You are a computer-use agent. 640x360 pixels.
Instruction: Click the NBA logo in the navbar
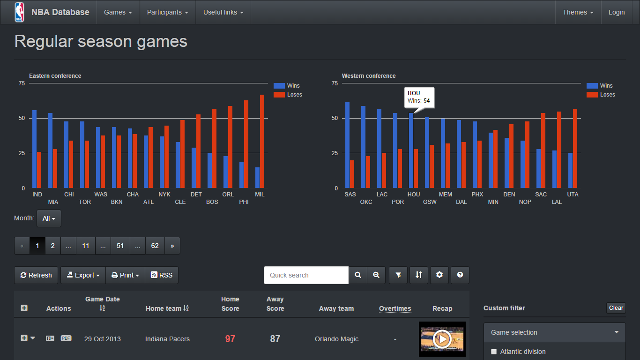pyautogui.click(x=19, y=12)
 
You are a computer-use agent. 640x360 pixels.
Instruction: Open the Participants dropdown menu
pyautogui.click(x=167, y=12)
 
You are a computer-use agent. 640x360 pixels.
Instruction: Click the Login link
pyautogui.click(x=616, y=12)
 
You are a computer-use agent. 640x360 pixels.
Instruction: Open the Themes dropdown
pyautogui.click(x=578, y=12)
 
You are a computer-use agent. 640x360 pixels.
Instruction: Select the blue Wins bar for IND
pyautogui.click(x=34, y=149)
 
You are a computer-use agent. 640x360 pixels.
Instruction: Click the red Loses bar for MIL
pyautogui.click(x=262, y=142)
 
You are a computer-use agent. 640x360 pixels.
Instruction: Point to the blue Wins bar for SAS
pyautogui.click(x=347, y=145)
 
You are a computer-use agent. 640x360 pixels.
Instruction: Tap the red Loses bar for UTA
pyautogui.click(x=575, y=149)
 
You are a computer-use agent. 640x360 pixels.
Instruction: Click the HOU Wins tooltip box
pyautogui.click(x=419, y=97)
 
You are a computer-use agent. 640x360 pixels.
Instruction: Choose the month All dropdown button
pyautogui.click(x=49, y=218)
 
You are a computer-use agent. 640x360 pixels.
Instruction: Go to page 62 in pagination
pyautogui.click(x=155, y=246)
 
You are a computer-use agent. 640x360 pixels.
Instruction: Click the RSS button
pyautogui.click(x=162, y=275)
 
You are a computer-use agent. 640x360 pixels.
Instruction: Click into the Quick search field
pyautogui.click(x=306, y=275)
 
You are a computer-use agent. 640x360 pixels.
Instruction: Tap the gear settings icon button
pyautogui.click(x=439, y=275)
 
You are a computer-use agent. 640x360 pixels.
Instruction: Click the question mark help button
pyautogui.click(x=460, y=275)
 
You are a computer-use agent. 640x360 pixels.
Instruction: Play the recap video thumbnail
pyautogui.click(x=442, y=339)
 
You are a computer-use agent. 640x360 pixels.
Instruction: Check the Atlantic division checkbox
pyautogui.click(x=494, y=352)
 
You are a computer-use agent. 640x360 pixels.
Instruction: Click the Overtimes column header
pyautogui.click(x=395, y=308)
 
